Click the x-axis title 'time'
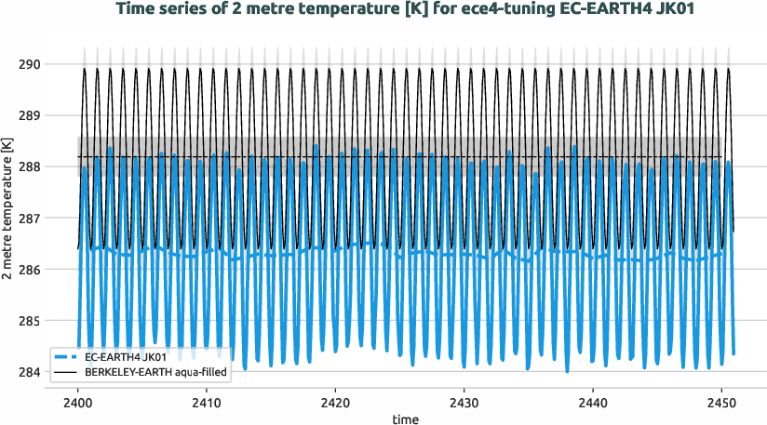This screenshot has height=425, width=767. (x=405, y=418)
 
